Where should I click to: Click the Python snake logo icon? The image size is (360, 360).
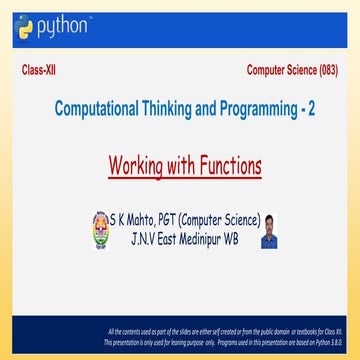[x=24, y=28]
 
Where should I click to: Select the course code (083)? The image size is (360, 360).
[x=322, y=72]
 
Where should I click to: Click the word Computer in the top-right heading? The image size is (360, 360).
[x=268, y=72]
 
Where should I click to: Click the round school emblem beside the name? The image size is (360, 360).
[x=99, y=225]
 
